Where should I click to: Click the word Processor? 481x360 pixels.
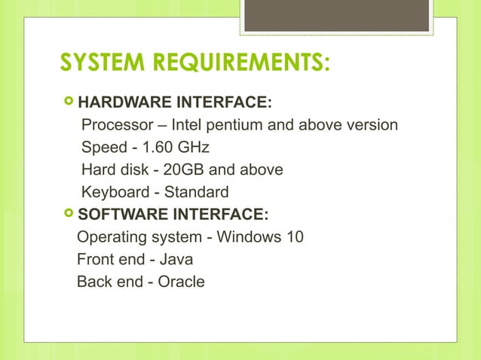(x=114, y=124)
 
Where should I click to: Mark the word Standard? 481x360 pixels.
(x=195, y=192)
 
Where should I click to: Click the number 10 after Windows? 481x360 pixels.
(x=294, y=237)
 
